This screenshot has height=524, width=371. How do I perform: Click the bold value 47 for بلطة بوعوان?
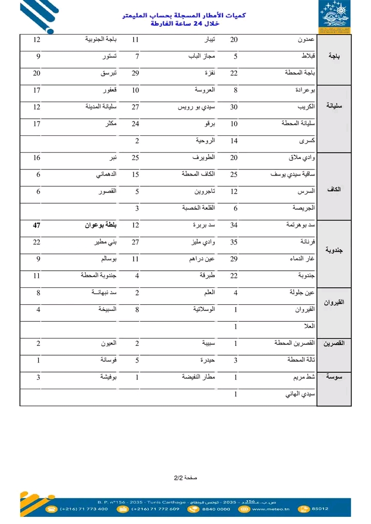coord(37,225)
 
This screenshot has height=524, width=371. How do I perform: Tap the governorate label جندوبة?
coord(334,250)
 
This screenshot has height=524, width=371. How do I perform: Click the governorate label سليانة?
coord(334,106)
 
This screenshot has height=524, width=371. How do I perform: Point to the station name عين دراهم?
coord(201,259)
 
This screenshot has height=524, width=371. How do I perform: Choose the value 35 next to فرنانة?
coord(234,242)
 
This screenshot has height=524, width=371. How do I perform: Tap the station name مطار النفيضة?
coord(198,377)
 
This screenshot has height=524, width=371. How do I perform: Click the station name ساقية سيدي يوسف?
coord(293,174)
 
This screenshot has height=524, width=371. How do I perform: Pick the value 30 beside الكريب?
coord(234,107)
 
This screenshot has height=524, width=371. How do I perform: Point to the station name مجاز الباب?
coord(201,56)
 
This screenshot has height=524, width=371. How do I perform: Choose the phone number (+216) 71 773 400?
coord(83,509)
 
